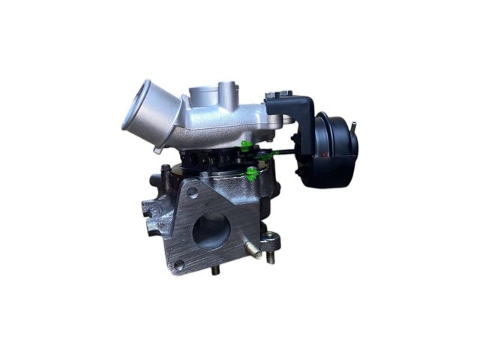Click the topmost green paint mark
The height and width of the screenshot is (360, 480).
point(244,143)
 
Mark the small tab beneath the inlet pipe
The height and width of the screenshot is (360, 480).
point(157,148)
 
